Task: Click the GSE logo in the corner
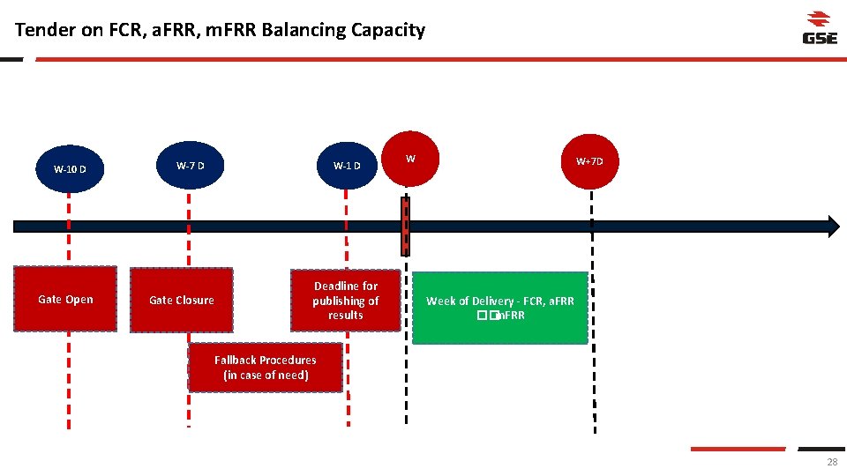(819, 27)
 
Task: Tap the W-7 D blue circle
(190, 165)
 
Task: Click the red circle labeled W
(410, 160)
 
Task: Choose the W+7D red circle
(589, 161)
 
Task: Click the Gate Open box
(65, 299)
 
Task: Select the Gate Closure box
(182, 300)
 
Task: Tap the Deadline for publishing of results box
(345, 300)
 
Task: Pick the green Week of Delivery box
(499, 308)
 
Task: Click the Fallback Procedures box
(265, 368)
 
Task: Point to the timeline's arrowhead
(833, 226)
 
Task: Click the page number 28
(832, 463)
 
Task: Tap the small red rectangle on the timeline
(406, 226)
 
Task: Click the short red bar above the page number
(738, 449)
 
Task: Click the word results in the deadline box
(345, 316)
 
